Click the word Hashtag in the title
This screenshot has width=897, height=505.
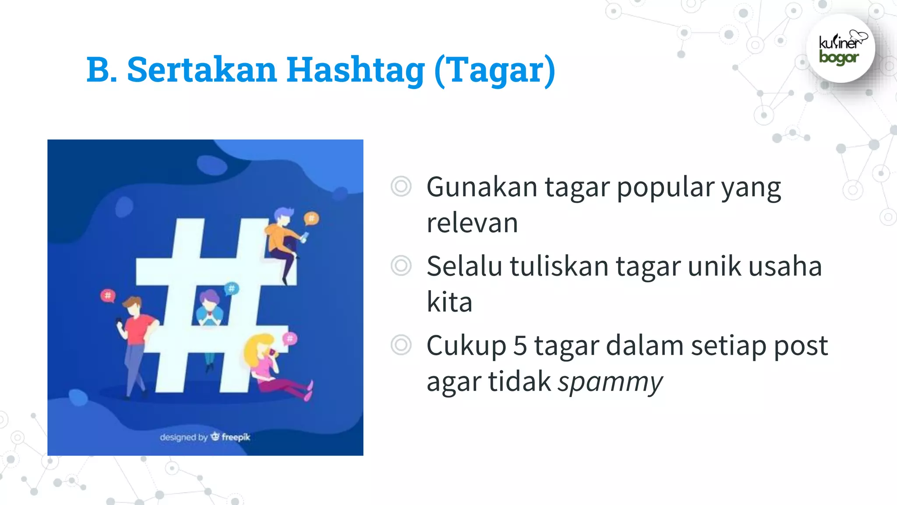(x=355, y=70)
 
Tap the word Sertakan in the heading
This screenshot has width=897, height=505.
(x=202, y=70)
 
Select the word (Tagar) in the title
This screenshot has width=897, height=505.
(x=495, y=70)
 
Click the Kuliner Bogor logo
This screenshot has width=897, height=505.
(x=840, y=49)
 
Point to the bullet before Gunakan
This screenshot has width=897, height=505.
(x=401, y=187)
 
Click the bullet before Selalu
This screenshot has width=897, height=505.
(x=401, y=266)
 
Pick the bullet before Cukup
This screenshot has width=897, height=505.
(x=401, y=345)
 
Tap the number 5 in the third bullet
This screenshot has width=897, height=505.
(x=520, y=345)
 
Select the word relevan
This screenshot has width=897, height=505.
(x=472, y=223)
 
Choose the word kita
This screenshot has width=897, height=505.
(x=449, y=302)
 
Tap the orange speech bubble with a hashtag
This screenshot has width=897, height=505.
(x=311, y=218)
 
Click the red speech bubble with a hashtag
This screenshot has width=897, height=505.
(x=108, y=296)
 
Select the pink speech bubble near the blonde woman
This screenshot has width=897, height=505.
(x=290, y=338)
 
